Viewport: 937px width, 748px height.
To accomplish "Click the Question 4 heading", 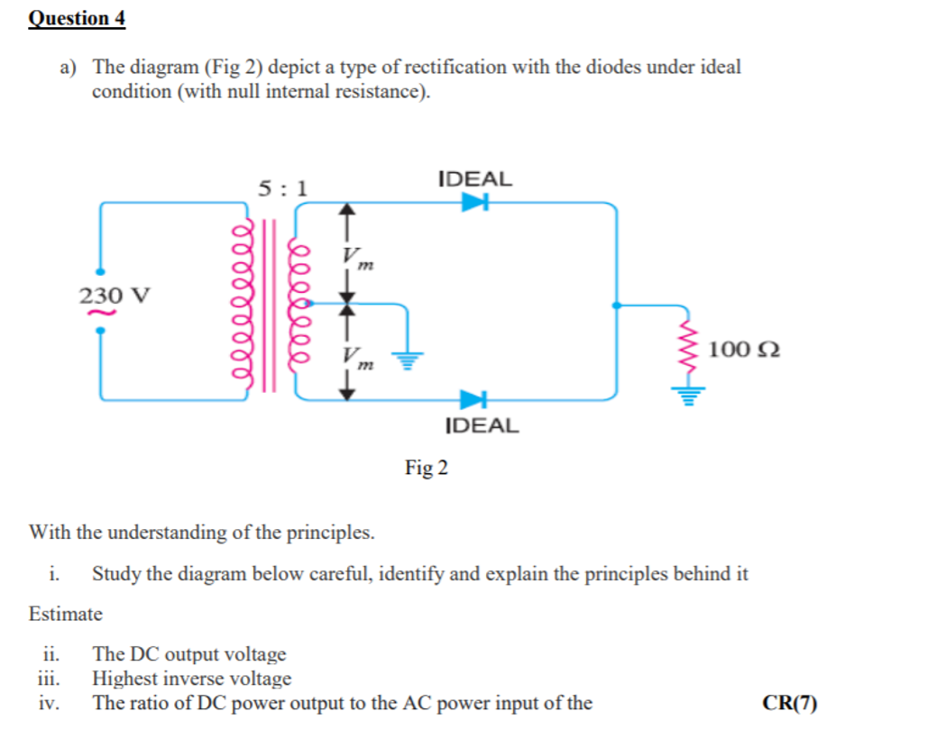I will (77, 18).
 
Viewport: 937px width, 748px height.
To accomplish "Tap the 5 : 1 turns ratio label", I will (282, 188).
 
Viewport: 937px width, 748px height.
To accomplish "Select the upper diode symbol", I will (473, 203).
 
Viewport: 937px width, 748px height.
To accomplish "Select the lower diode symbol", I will (473, 398).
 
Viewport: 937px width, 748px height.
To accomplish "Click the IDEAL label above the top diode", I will (474, 178).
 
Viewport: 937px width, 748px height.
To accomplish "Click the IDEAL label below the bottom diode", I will (482, 425).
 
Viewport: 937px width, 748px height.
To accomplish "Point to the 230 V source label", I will (115, 295).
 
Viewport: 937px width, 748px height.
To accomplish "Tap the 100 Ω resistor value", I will (744, 349).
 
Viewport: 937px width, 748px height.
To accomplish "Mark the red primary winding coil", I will (241, 304).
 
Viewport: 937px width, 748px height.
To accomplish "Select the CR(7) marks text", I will (789, 703).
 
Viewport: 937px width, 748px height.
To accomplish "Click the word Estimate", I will (66, 615).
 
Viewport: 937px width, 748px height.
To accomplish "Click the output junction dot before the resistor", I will (616, 306).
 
